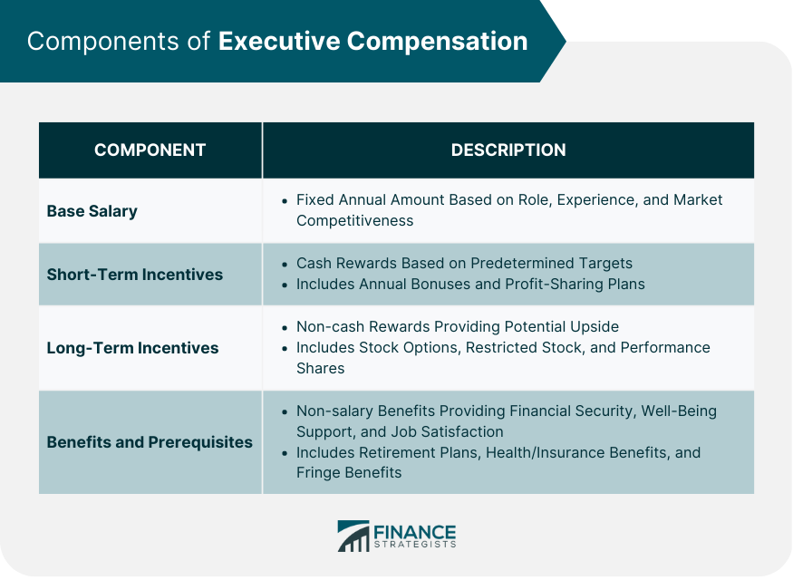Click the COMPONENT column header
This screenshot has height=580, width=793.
coord(150,150)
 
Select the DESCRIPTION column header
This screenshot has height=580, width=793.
coord(508,150)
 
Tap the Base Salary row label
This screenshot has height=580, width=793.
coord(92,211)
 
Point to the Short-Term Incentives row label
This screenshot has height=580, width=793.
coord(134,274)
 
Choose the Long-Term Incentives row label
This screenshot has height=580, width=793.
coord(132,348)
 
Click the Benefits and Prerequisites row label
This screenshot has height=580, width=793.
coord(150,442)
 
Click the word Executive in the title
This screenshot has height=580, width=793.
coord(279,41)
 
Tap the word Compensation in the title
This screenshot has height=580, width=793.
coord(437,42)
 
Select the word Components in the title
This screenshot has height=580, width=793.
coord(103,42)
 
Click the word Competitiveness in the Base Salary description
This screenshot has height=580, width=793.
coord(354,220)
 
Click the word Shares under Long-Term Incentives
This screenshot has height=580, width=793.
coord(320,368)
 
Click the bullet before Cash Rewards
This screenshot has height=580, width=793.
coord(285,264)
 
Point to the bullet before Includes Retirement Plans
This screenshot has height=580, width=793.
coord(285,453)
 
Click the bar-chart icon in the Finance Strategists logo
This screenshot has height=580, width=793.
coord(353,536)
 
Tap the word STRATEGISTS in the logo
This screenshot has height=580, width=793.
coord(415,545)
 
